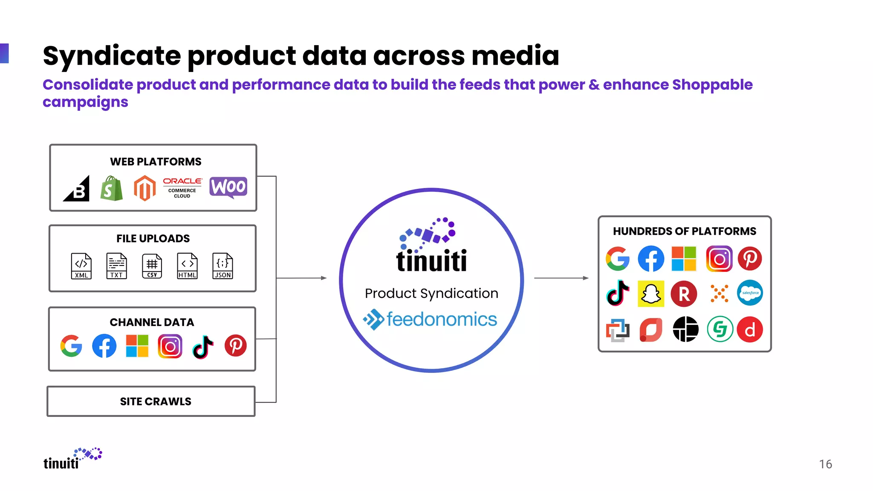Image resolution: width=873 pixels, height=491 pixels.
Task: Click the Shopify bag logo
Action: [112, 188]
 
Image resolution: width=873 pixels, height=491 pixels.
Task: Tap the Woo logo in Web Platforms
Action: [228, 187]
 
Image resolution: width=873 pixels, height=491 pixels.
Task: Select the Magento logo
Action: [145, 188]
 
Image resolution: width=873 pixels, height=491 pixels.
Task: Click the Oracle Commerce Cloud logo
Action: [182, 188]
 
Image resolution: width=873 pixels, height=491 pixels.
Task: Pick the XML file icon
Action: [81, 266]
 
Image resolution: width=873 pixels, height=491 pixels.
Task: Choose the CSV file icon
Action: [152, 266]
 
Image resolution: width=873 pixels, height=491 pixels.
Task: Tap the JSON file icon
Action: [223, 266]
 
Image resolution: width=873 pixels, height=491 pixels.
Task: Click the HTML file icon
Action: [187, 266]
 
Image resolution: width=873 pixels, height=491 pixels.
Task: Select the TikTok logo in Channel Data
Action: [203, 347]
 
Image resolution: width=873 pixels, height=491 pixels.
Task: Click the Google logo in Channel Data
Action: [71, 346]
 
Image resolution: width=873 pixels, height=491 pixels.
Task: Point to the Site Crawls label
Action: [156, 401]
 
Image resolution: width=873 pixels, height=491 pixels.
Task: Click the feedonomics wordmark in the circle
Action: [442, 320]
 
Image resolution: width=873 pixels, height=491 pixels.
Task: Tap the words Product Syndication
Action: [431, 293]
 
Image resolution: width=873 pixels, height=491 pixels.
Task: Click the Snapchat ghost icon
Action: [651, 294]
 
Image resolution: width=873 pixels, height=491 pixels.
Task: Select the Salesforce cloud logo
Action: [750, 293]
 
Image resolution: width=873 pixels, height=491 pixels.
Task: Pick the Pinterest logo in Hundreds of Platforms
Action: [750, 258]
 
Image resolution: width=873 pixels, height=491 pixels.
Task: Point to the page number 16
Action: [825, 464]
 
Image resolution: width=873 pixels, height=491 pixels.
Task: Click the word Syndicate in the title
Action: [112, 56]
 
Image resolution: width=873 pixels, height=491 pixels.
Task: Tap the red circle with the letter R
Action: [684, 294]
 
